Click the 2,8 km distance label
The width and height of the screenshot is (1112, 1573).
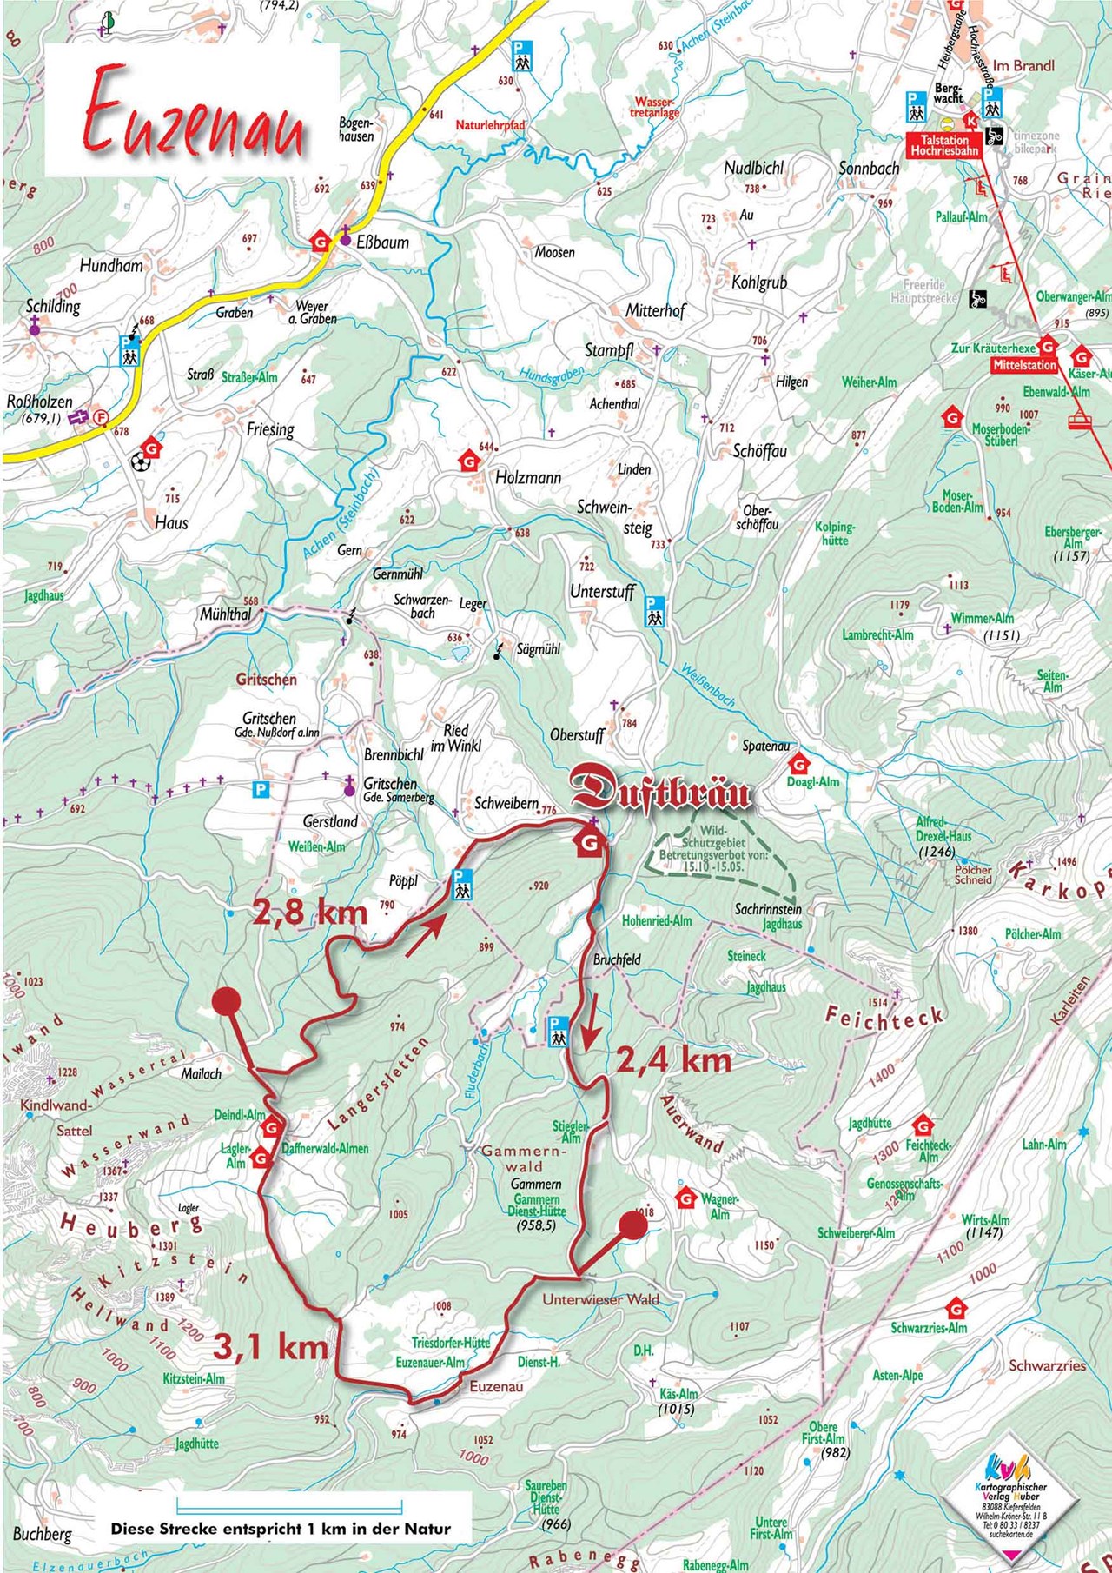coord(310,912)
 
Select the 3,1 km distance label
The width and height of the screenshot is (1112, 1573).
coord(270,1346)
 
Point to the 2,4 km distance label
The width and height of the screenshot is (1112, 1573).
coord(674,1060)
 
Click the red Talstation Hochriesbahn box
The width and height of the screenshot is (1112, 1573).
coord(944,145)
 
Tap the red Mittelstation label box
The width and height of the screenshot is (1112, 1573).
coord(1025,366)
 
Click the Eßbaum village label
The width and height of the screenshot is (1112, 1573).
coord(382,242)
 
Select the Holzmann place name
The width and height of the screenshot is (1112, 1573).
coord(528,477)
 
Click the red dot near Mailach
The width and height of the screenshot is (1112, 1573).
coord(226,1001)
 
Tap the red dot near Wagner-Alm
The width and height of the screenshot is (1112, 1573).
coord(632,1225)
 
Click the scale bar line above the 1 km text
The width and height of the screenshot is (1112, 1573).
coord(280,1500)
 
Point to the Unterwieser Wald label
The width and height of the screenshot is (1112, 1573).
coord(600,1299)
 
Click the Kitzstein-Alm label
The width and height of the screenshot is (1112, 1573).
coord(193,1378)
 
